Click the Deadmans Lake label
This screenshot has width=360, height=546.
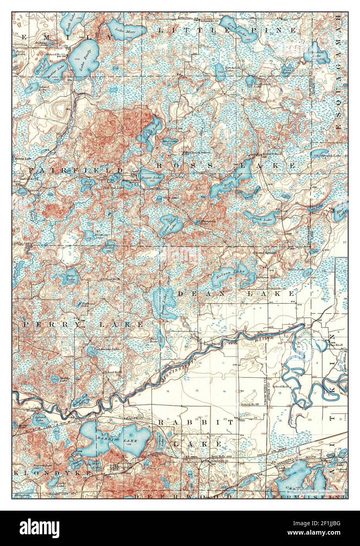(109, 349)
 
